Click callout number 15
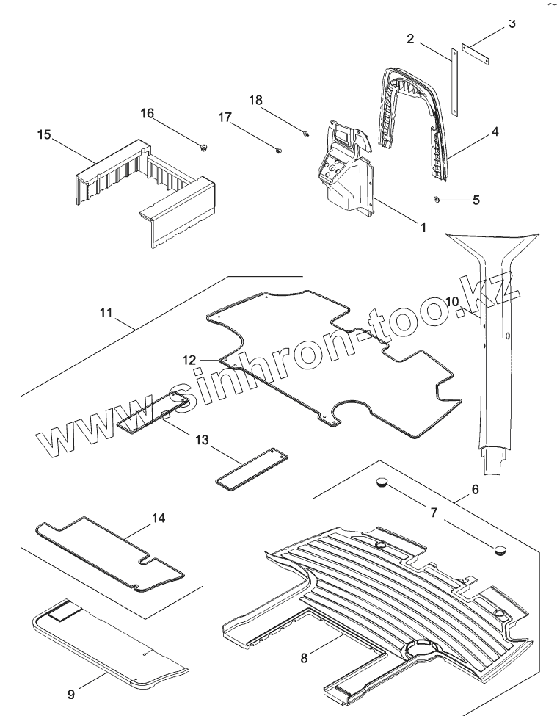(x=45, y=134)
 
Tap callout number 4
(x=495, y=132)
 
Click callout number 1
(x=423, y=228)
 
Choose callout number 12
(x=190, y=360)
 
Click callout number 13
(x=202, y=439)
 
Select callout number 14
(x=158, y=518)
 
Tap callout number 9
(x=71, y=692)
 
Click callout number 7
(x=434, y=512)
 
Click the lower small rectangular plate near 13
(x=249, y=467)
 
